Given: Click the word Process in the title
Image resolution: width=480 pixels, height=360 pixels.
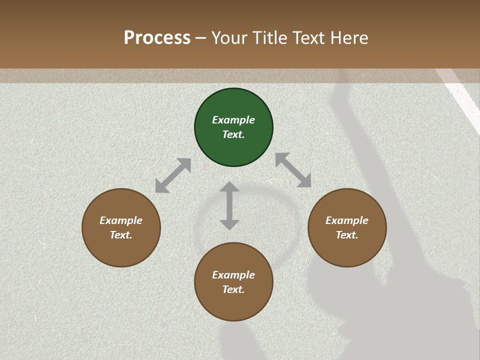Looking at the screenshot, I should pyautogui.click(x=157, y=38).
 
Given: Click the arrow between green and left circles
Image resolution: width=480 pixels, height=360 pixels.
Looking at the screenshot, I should pyautogui.click(x=173, y=175).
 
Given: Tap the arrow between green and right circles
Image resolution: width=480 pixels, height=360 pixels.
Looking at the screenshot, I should pyautogui.click(x=293, y=170).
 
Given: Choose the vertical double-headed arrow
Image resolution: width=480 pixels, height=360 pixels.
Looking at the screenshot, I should pyautogui.click(x=229, y=205).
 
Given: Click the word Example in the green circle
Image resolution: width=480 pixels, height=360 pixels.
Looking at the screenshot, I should pyautogui.click(x=233, y=120).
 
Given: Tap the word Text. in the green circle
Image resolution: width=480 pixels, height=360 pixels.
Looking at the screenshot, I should pyautogui.click(x=233, y=134).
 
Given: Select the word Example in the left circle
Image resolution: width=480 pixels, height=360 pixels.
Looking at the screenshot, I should pyautogui.click(x=121, y=220).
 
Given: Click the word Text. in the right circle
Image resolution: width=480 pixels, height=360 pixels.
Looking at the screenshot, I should pyautogui.click(x=347, y=235).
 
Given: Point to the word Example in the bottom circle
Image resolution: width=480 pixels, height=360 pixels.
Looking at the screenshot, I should pyautogui.click(x=233, y=275).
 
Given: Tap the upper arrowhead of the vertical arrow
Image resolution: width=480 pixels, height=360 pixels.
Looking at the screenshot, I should pyautogui.click(x=229, y=187).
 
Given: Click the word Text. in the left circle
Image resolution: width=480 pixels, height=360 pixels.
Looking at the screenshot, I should pyautogui.click(x=121, y=235).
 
